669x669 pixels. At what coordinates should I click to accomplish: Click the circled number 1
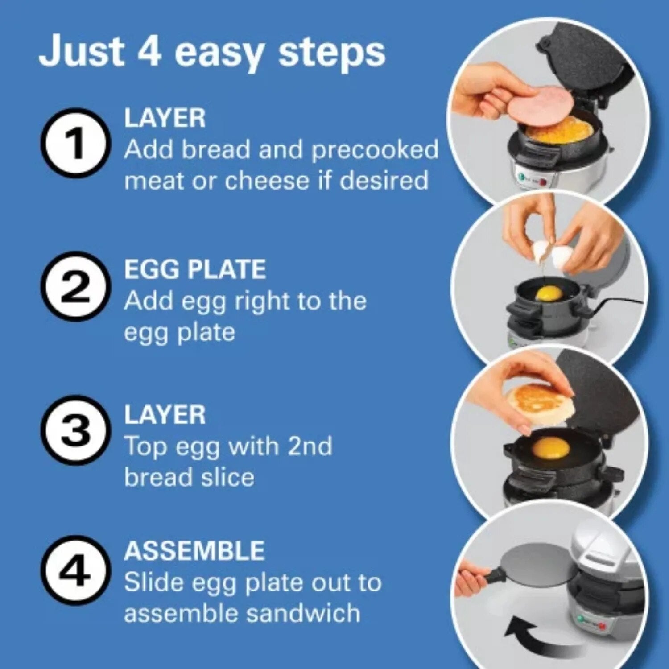click(x=75, y=143)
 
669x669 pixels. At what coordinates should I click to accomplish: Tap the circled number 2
click(x=75, y=287)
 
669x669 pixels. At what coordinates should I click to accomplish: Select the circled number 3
click(x=75, y=430)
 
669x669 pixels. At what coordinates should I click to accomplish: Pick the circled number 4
click(x=75, y=570)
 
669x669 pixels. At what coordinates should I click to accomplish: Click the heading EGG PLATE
click(x=195, y=269)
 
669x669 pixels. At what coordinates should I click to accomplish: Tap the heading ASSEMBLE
click(x=194, y=551)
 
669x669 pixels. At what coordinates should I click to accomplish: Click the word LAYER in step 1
click(x=165, y=118)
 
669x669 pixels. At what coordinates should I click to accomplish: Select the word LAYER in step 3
click(x=165, y=415)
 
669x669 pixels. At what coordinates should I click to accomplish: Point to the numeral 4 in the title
click(x=149, y=52)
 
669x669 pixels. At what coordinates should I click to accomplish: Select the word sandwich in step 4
click(x=303, y=613)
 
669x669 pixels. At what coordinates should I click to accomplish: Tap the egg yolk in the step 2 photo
click(x=549, y=293)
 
